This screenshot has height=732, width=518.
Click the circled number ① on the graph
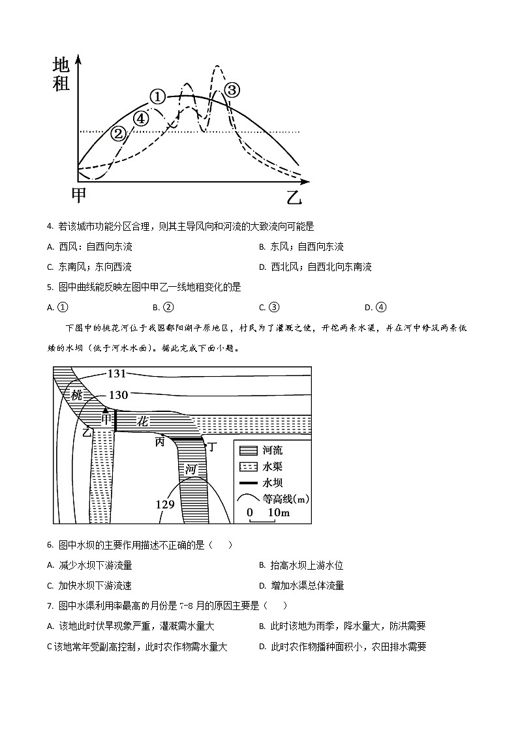[x=157, y=97]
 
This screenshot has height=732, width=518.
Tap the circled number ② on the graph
[x=118, y=134]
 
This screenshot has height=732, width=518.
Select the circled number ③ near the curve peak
[x=232, y=90]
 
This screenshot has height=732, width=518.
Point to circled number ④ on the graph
[x=140, y=118]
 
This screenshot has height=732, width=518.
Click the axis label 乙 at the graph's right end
[x=295, y=196]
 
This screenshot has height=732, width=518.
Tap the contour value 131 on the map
[x=116, y=373]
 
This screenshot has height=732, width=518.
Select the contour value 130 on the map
[x=118, y=394]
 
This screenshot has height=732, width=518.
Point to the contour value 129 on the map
[x=164, y=504]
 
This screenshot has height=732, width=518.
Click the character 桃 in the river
[x=77, y=395]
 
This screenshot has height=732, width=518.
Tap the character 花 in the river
[x=142, y=422]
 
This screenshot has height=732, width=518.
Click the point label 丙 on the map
[x=159, y=442]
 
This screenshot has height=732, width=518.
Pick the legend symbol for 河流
[x=249, y=450]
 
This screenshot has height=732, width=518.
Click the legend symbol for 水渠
[x=249, y=467]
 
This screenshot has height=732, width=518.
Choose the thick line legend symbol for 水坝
[x=249, y=483]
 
